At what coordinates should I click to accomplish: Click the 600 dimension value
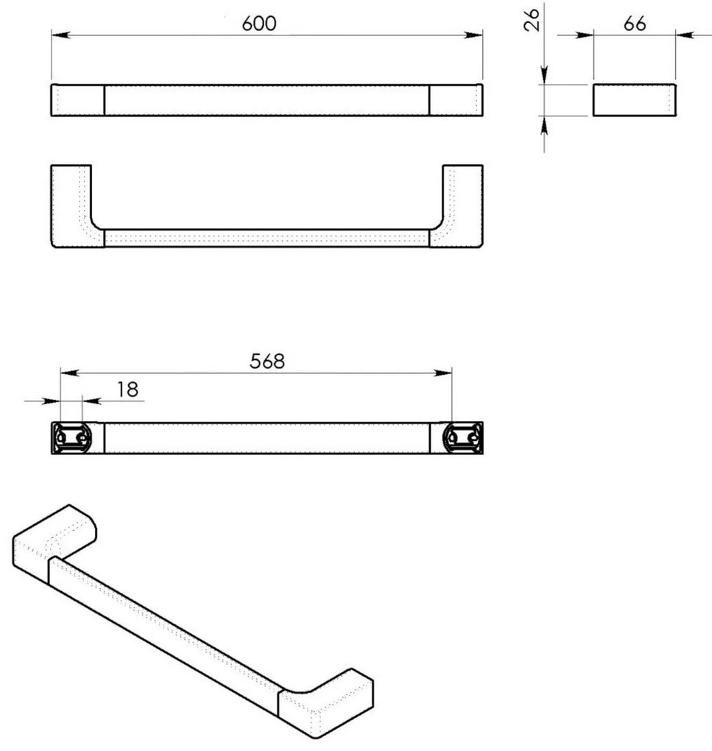click(x=259, y=24)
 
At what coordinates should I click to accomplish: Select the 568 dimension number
click(x=267, y=361)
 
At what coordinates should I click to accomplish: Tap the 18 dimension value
click(x=128, y=389)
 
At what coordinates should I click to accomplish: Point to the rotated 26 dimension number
click(x=532, y=20)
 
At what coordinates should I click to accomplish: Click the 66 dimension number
click(x=635, y=24)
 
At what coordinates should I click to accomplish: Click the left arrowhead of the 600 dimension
click(x=61, y=35)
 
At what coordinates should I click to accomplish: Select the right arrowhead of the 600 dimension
click(x=473, y=35)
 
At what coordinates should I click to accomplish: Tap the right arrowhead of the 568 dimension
click(x=443, y=373)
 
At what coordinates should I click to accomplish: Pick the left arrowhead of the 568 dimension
click(x=70, y=373)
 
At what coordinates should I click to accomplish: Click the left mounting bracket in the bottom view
click(x=72, y=438)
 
